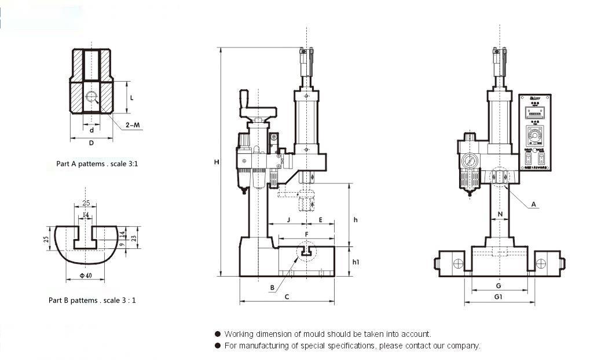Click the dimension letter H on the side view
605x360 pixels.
[x=216, y=163]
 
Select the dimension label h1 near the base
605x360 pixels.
[x=356, y=262]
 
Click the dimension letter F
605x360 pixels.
[x=307, y=234]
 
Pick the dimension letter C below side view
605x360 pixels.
[x=287, y=296]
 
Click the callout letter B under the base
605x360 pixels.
[x=272, y=288]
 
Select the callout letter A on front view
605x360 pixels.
[x=534, y=204]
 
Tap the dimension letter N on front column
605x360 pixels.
[x=500, y=214]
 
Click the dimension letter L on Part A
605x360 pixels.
[x=132, y=98]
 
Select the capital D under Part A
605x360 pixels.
[x=91, y=143]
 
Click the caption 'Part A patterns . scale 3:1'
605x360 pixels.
[x=97, y=164]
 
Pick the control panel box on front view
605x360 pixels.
[x=535, y=133]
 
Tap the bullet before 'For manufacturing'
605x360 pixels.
[x=218, y=346]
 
